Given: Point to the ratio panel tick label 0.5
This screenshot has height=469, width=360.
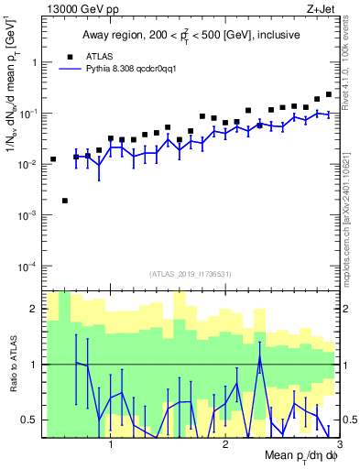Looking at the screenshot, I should pyautogui.click(x=31, y=420).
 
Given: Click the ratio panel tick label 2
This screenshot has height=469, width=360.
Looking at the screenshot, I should pyautogui.click(x=35, y=309).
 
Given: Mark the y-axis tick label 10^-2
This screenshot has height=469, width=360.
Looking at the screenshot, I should pyautogui.click(x=28, y=164).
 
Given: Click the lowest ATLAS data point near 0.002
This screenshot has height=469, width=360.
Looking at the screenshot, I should pyautogui.click(x=65, y=201).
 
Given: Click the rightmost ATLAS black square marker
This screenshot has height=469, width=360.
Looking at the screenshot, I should pyautogui.click(x=329, y=94).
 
